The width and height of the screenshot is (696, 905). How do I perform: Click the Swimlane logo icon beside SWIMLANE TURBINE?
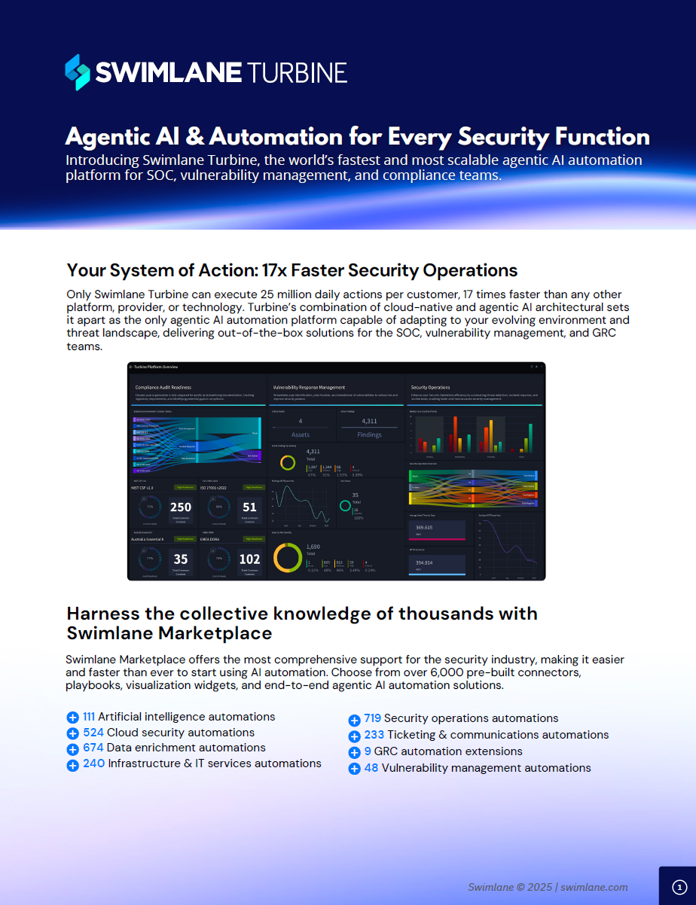(x=78, y=72)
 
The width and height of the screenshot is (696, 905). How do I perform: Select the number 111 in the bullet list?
(x=88, y=717)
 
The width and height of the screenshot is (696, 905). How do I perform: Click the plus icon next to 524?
(x=72, y=733)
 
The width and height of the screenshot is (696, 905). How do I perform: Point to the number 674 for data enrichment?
(x=93, y=748)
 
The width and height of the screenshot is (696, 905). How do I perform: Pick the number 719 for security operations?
(x=372, y=718)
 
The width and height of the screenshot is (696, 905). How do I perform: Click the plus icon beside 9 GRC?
(x=354, y=752)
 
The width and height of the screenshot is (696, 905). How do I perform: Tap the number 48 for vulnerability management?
(x=371, y=768)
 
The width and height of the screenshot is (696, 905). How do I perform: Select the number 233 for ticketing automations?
(x=374, y=735)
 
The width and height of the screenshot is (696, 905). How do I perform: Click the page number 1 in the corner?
(x=679, y=887)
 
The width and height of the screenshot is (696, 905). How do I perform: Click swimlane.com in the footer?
(x=595, y=887)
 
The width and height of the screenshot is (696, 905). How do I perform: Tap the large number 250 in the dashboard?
(x=181, y=507)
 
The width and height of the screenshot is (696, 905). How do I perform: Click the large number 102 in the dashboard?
(x=249, y=559)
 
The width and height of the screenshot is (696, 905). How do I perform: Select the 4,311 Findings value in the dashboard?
(x=369, y=421)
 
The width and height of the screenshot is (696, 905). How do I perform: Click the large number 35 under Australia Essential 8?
(x=181, y=559)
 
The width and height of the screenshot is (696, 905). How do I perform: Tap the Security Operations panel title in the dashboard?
(x=431, y=387)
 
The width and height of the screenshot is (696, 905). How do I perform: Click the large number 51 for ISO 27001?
(x=249, y=507)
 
